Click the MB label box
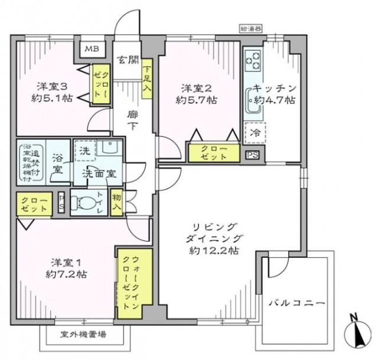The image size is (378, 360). [93, 49]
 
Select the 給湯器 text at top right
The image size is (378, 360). [251, 28]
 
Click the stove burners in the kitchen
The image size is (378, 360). [253, 59]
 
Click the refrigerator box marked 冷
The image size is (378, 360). [255, 131]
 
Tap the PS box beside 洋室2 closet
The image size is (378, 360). [253, 155]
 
